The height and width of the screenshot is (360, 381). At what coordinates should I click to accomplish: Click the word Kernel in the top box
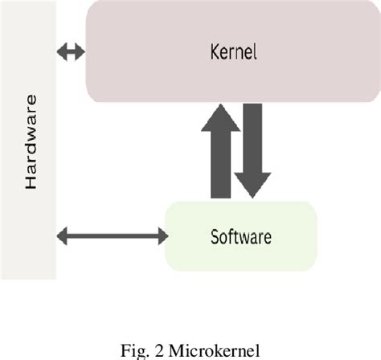(234, 54)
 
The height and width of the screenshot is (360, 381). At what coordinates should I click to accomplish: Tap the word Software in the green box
(240, 236)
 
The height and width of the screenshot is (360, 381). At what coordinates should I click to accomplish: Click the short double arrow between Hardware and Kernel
(71, 52)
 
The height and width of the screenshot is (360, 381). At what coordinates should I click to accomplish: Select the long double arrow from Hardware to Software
(113, 235)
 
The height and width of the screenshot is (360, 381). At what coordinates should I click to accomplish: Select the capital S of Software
(215, 236)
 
